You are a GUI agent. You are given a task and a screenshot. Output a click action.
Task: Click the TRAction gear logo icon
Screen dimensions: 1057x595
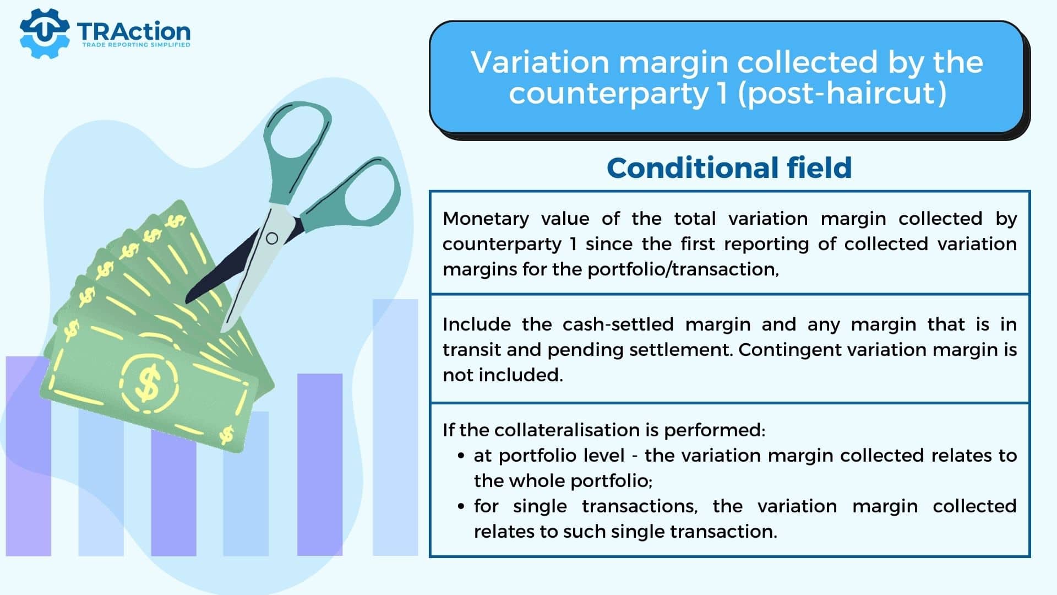[45, 33]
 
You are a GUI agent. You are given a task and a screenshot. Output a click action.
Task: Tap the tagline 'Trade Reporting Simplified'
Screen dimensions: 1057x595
[136, 45]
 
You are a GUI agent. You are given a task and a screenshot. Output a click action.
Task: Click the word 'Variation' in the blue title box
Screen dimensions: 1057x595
[540, 62]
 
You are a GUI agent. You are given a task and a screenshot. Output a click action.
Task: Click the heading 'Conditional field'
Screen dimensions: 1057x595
[729, 167]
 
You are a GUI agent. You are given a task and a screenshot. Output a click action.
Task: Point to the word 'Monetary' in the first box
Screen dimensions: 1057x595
[486, 219]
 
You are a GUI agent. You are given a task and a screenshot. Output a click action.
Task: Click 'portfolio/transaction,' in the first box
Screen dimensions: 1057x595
[683, 269]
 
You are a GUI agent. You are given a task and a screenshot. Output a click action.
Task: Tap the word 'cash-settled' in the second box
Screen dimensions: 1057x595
[618, 324]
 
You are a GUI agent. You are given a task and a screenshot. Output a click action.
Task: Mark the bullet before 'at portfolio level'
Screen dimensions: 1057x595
[461, 456]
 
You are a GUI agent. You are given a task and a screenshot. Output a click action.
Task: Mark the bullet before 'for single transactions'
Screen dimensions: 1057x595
[461, 507]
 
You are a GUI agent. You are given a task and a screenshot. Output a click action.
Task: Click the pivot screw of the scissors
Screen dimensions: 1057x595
[272, 239]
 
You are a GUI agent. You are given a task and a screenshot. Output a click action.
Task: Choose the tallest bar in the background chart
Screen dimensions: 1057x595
[395, 428]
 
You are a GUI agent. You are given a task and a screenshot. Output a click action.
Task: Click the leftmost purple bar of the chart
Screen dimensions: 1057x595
[29, 456]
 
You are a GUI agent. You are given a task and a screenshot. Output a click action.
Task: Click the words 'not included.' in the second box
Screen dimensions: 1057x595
[503, 375]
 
